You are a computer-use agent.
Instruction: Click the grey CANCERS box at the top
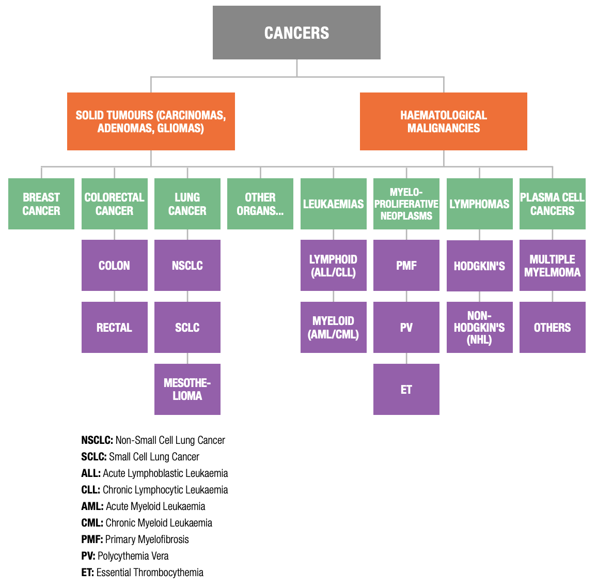[296, 33]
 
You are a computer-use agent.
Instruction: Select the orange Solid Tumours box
[151, 121]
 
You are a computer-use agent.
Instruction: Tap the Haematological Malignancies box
[443, 121]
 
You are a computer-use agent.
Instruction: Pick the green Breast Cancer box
[41, 204]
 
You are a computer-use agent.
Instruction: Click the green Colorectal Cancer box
[114, 204]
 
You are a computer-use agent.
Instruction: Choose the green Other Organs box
[260, 204]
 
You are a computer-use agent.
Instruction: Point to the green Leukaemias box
[333, 204]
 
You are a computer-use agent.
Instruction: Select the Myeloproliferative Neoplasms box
[406, 204]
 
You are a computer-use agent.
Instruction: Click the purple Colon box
[114, 265]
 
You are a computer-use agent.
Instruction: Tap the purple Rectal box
[114, 327]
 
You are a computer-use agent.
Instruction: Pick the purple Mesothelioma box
[187, 389]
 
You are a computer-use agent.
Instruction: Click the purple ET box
[406, 389]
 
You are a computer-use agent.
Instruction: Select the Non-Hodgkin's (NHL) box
[479, 327]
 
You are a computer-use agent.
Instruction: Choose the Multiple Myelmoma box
[552, 265]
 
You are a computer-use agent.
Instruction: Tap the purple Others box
[552, 327]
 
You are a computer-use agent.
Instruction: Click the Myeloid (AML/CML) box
[333, 327]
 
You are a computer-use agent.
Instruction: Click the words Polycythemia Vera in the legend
[133, 556]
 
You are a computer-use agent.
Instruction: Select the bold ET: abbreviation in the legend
[87, 573]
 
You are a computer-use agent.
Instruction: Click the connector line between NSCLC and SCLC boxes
[187, 296]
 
